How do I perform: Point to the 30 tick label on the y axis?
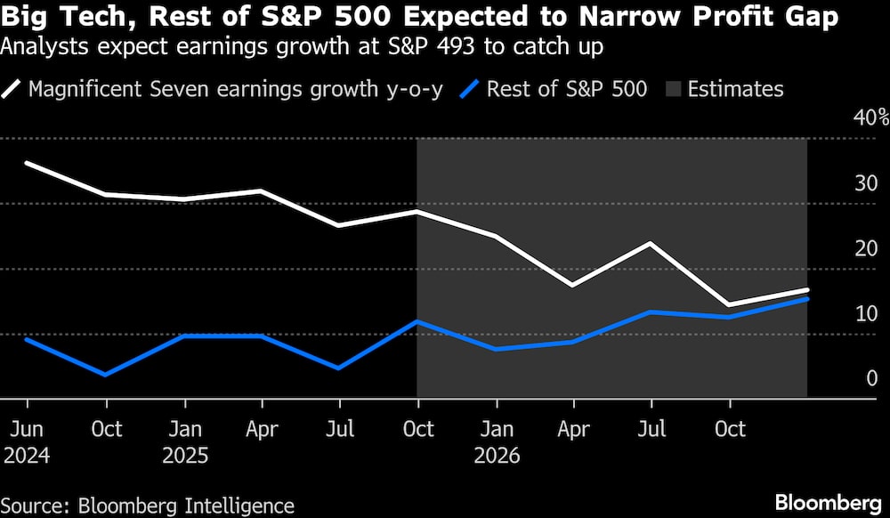(866, 183)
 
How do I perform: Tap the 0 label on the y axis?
(872, 378)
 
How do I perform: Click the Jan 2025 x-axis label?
(184, 442)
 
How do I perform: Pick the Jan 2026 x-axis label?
(496, 442)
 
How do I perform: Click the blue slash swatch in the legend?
(471, 89)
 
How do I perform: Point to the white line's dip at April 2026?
(573, 286)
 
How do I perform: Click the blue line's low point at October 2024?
(107, 375)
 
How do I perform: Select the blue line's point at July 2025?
(339, 368)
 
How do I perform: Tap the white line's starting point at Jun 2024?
(27, 163)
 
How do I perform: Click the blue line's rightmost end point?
(807, 298)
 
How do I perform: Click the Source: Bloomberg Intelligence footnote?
(148, 506)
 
